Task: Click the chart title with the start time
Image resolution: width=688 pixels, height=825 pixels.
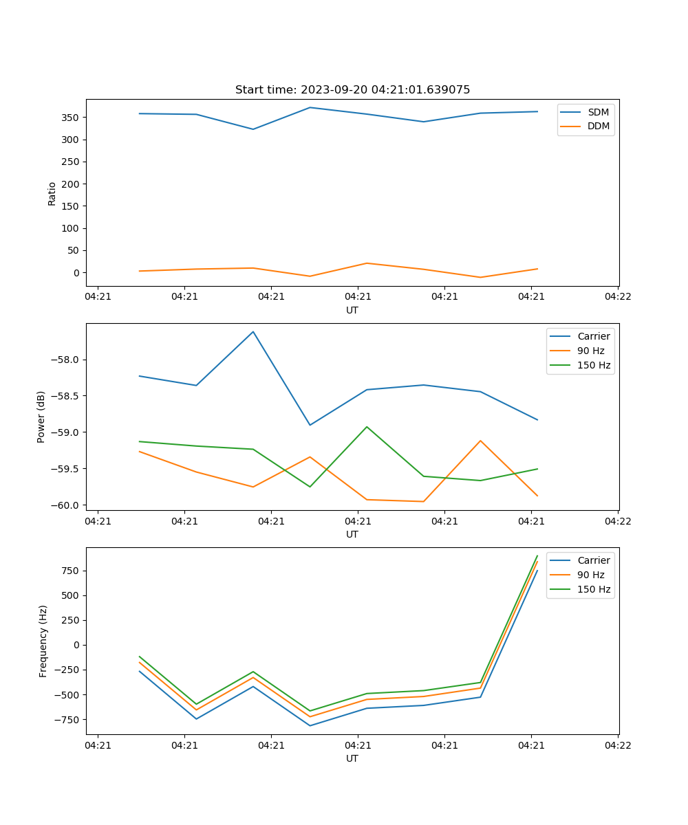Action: [352, 90]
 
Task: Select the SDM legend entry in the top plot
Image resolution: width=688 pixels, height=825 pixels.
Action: [598, 112]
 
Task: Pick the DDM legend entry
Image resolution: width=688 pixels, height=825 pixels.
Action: [598, 126]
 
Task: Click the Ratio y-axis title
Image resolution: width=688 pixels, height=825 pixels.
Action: [52, 193]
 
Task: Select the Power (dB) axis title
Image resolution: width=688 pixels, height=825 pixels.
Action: [41, 417]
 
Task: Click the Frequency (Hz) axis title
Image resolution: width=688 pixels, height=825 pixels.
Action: [43, 641]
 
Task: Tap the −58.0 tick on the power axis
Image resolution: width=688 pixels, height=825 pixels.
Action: [66, 360]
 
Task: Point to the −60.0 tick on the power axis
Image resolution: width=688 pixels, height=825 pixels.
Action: [66, 505]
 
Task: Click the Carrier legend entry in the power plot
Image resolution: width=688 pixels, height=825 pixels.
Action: [593, 336]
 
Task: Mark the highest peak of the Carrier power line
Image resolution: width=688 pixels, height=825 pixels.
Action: [253, 332]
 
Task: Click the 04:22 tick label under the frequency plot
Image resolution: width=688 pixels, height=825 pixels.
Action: [617, 745]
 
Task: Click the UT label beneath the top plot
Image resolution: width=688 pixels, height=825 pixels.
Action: [352, 310]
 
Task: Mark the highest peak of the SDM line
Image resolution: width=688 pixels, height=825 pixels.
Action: [310, 107]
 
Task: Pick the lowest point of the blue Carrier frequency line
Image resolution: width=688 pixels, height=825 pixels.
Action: [310, 725]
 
